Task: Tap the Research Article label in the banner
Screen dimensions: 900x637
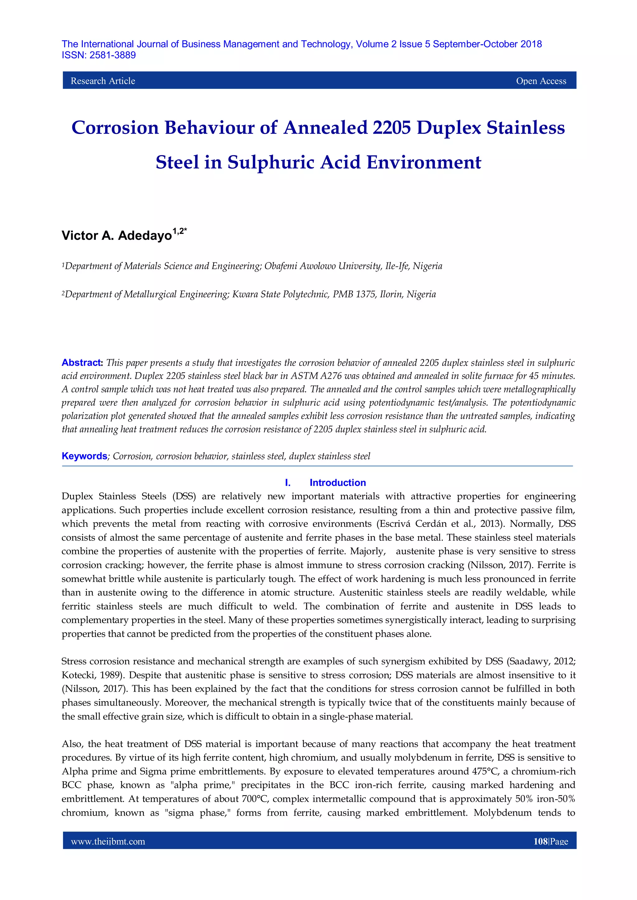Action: (x=103, y=81)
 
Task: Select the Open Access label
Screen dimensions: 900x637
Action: (x=541, y=81)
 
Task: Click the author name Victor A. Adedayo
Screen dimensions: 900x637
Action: (x=117, y=236)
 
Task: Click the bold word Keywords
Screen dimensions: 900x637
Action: (x=84, y=456)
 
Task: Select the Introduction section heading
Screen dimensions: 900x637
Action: (x=337, y=482)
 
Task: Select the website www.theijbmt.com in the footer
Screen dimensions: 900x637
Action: (x=108, y=842)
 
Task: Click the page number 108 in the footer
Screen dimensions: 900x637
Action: (x=540, y=842)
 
